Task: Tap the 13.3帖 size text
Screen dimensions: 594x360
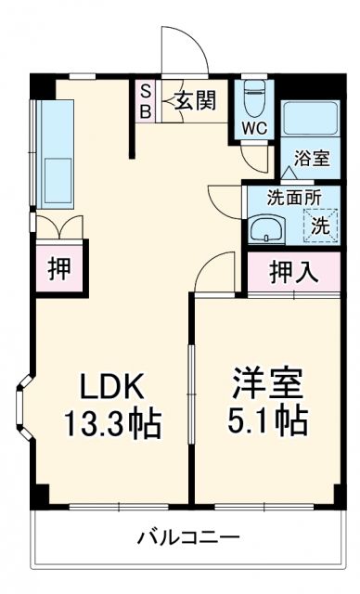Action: (111, 425)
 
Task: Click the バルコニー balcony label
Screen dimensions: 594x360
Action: (190, 537)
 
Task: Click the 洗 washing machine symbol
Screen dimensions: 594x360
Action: (318, 223)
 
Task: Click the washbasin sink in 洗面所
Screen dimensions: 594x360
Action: (267, 227)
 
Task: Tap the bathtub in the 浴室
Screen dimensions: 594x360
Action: (312, 119)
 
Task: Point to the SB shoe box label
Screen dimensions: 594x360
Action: (146, 99)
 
